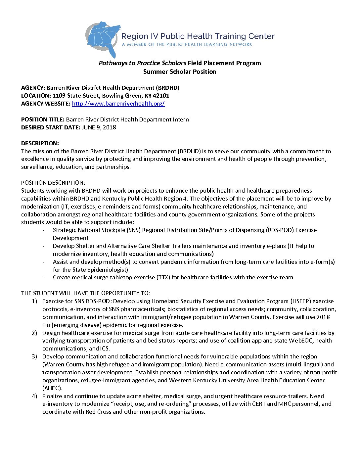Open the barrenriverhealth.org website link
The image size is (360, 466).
click(118, 104)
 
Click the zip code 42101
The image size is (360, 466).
click(161, 96)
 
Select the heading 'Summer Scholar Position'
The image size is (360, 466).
click(180, 72)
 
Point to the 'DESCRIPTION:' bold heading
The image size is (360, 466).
click(40, 143)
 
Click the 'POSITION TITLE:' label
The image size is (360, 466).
click(43, 119)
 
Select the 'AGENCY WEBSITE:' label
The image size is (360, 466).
click(46, 104)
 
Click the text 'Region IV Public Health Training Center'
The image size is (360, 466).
click(198, 36)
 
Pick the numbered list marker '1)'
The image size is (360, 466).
click(34, 301)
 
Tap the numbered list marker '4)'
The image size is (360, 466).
click(34, 396)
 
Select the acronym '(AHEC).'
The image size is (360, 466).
click(52, 388)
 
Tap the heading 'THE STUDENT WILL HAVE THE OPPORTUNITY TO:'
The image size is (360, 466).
click(85, 293)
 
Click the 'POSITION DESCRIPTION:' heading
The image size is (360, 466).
click(53, 183)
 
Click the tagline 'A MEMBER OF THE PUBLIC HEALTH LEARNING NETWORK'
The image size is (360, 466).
click(187, 44)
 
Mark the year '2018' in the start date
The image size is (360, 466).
click(109, 127)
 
